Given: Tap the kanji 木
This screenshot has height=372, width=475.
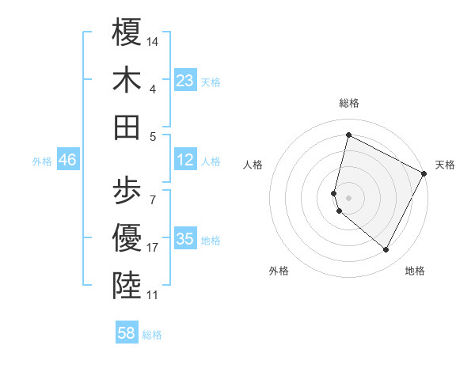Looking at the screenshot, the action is coord(127,80).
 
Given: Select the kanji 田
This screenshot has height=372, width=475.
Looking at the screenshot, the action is coord(127,127).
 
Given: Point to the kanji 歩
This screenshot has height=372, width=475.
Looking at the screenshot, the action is coord(127,190).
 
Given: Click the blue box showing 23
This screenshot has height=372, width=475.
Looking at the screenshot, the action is coord(185,81).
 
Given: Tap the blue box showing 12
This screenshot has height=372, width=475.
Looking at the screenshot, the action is coord(185,160).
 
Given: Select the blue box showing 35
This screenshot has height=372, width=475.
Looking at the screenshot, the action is coord(185,239).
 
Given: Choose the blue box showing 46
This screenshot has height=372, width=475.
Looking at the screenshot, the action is coord(68,160).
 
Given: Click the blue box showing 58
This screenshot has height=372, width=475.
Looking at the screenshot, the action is coord(127,333).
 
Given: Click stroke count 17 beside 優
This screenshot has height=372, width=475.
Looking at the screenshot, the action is coord(153,248).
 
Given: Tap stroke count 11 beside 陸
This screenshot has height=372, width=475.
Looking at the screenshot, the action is coord(153,295).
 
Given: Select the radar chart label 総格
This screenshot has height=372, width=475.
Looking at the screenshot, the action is coord(348,103).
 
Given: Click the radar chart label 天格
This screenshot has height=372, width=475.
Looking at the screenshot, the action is coord(445,165).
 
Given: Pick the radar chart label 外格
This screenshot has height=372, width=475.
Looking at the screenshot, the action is coord(279,271).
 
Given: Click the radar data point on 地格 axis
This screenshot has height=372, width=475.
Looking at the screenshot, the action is coord(386,249).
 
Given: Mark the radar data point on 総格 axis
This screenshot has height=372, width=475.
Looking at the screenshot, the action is coord(348,135).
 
